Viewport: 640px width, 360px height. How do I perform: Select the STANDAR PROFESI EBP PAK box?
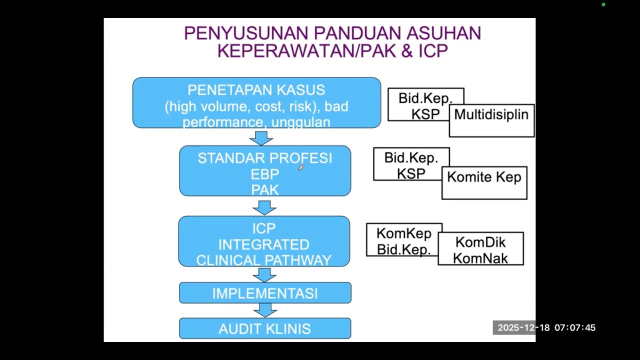point(265,170)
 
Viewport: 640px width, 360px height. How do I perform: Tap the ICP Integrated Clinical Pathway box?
point(264,241)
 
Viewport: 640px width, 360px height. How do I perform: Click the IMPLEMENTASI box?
point(265,293)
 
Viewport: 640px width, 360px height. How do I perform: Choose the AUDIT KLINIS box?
point(265,328)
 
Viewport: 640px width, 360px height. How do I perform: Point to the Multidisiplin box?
point(491,120)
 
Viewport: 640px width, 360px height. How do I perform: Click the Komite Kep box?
point(484,182)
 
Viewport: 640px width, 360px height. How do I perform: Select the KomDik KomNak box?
point(480,248)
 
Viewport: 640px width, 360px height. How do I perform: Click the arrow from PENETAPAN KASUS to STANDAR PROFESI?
point(261,137)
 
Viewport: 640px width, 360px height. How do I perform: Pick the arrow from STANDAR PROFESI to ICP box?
point(264,206)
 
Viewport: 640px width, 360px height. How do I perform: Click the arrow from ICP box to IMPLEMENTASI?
point(264,274)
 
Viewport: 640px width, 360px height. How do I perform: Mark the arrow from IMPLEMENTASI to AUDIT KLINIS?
point(265,310)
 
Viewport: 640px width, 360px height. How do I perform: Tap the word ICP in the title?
point(433,50)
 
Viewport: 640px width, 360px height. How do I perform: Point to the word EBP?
point(264,174)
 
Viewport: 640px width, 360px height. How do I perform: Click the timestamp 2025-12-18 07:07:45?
point(546,328)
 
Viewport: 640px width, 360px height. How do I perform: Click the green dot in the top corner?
point(603,4)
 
